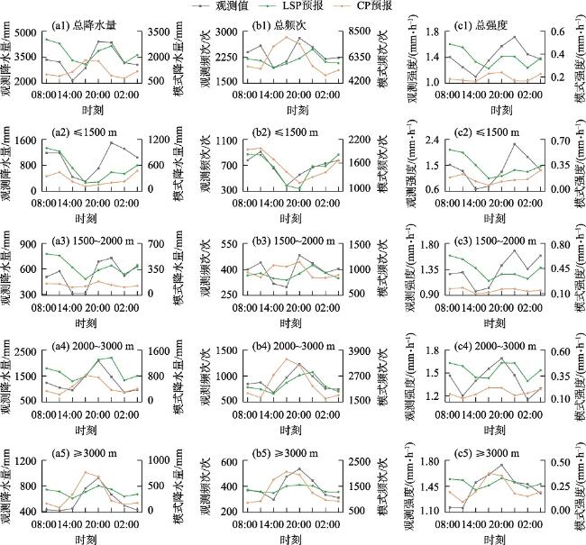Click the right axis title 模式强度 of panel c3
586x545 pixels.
[574, 268]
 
